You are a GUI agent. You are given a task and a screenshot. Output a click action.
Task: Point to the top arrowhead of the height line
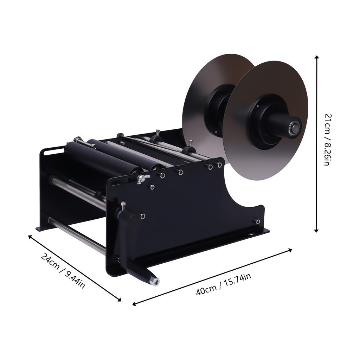(x=317, y=58)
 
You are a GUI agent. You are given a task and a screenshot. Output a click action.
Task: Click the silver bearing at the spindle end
(x=294, y=128)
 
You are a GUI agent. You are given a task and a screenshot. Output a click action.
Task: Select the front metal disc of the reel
(x=246, y=155)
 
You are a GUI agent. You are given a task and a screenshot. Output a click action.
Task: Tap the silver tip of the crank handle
(x=154, y=281)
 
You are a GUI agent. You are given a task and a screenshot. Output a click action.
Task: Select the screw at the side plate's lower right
(x=258, y=221)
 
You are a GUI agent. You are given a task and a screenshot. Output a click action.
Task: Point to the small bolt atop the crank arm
(x=123, y=205)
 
